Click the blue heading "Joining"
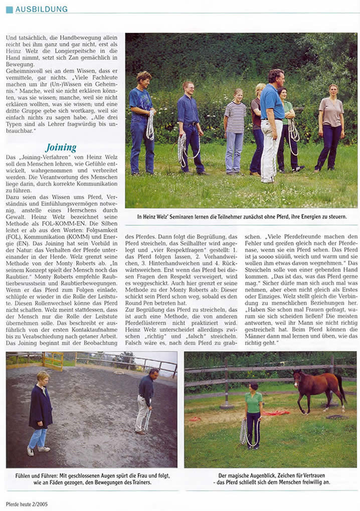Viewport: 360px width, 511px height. click(x=61, y=148)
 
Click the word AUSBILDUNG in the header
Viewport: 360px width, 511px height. click(x=41, y=9)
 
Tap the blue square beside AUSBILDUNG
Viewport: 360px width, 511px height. click(x=9, y=9)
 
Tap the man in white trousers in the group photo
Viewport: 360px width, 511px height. click(x=272, y=125)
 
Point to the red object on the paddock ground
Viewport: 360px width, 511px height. click(x=277, y=413)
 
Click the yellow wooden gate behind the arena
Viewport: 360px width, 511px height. click(x=53, y=359)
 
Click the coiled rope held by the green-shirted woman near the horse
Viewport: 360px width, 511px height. click(x=244, y=431)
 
